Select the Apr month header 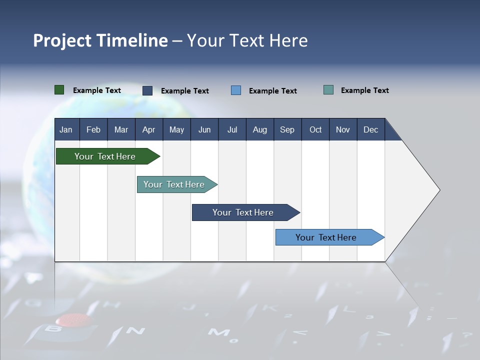coord(149,129)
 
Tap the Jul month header coord(232,129)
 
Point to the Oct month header coord(315,129)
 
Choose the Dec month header coord(371,129)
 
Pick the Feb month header coord(93,129)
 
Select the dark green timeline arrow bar coord(108,156)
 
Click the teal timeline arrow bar coord(177,184)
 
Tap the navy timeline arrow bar coord(246,212)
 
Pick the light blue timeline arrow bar coord(330,237)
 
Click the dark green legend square coord(59,90)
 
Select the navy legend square coord(147,90)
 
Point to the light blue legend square coord(236,90)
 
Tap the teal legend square coord(328,89)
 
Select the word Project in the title coord(62,40)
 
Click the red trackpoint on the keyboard coord(73,319)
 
